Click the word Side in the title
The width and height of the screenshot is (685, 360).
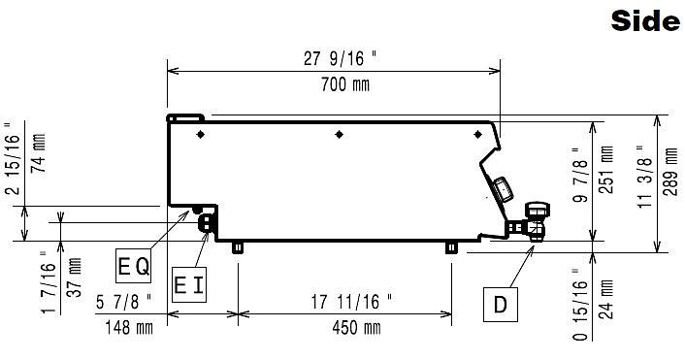[645, 21]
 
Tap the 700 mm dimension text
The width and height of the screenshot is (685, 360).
[345, 84]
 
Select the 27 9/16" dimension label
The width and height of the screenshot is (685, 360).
[340, 58]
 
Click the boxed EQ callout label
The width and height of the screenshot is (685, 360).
[133, 266]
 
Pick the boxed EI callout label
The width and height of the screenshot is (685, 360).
[189, 285]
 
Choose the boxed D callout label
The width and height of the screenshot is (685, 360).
[501, 305]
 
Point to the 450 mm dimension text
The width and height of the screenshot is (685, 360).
[356, 328]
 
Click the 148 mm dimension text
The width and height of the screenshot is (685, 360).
[129, 327]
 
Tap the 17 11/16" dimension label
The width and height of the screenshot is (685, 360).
[351, 302]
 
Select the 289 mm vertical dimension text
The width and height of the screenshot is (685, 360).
[670, 172]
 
